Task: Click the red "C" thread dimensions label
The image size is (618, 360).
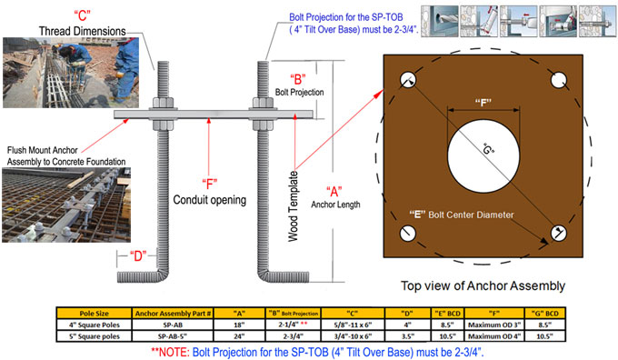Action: click(83, 15)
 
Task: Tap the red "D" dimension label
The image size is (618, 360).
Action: click(138, 256)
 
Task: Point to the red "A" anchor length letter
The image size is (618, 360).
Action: click(334, 192)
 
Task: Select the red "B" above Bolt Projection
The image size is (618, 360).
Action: click(298, 79)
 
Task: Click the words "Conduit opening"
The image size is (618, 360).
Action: click(210, 200)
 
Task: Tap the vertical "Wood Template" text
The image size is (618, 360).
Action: click(293, 206)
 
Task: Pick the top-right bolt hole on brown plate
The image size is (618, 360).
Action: click(559, 80)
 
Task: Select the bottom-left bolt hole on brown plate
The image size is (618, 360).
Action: click(407, 233)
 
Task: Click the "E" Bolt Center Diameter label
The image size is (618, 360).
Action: click(462, 215)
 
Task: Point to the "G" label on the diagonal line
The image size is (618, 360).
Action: click(489, 148)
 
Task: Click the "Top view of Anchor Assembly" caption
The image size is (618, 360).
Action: click(483, 285)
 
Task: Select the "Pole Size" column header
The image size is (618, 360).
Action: click(94, 314)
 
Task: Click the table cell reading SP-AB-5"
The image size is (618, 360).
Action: click(173, 336)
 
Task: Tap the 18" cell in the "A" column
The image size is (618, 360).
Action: click(239, 325)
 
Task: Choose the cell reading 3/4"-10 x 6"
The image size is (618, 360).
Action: click(353, 336)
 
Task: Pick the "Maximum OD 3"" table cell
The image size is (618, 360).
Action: click(494, 325)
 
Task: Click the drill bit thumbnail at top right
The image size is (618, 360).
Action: click(440, 21)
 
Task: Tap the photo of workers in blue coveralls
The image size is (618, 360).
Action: click(71, 73)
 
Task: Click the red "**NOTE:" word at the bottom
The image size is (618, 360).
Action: click(170, 352)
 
